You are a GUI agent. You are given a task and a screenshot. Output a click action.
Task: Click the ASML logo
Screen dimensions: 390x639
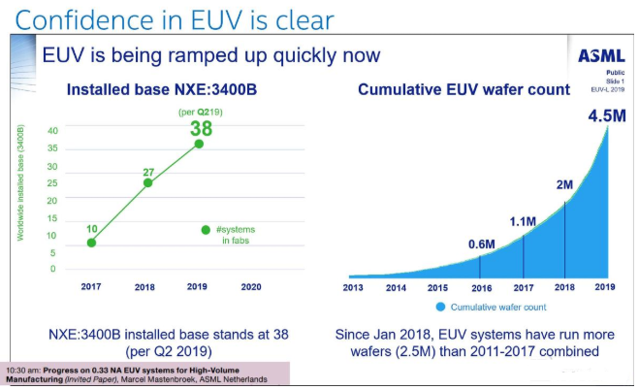[602, 56]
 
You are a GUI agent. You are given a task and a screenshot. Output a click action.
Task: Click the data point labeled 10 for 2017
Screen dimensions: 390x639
[91, 243]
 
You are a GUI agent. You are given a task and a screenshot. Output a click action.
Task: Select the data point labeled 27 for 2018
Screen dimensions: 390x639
[148, 182]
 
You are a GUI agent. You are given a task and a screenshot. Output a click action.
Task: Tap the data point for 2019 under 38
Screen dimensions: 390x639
[200, 144]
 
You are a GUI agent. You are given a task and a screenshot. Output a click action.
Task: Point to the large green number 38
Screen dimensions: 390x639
[201, 128]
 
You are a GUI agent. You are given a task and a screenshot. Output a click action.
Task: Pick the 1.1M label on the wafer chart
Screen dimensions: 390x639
[523, 222]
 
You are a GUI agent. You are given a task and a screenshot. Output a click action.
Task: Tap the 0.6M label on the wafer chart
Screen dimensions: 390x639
[482, 245]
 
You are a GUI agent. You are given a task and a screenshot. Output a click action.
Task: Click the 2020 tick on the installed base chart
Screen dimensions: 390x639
[251, 287]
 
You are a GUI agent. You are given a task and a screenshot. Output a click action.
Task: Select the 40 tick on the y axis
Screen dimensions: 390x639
[52, 131]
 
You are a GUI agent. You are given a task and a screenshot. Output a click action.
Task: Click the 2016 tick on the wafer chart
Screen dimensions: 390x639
[481, 287]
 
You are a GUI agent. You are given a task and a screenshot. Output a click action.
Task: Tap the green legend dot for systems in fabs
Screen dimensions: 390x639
[206, 230]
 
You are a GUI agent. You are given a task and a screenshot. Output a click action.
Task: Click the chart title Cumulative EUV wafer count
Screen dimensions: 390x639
[463, 90]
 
